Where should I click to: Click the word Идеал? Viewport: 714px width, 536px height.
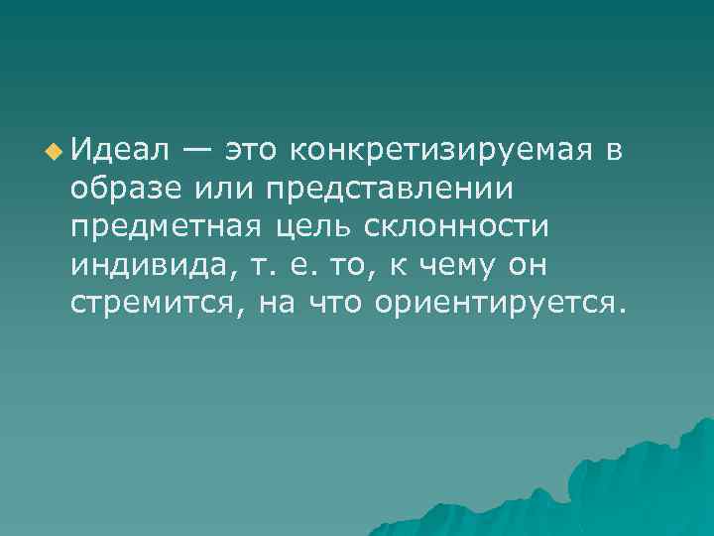[x=117, y=150]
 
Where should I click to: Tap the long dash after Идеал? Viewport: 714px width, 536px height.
[x=194, y=151]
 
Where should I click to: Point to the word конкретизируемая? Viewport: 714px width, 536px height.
[x=440, y=151]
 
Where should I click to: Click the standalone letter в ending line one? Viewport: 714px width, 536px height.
[x=614, y=151]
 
